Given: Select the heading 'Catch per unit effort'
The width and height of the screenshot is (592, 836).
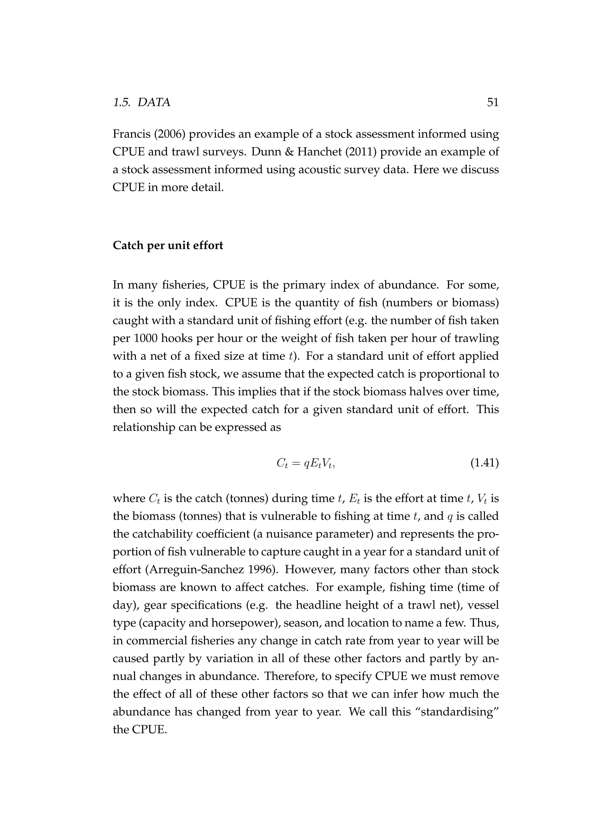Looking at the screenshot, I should [168, 245].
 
